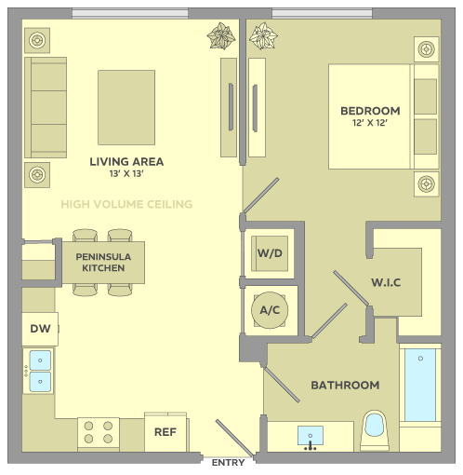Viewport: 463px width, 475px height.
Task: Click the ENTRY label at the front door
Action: click(228, 463)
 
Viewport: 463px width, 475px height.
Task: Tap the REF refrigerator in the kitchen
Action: click(165, 432)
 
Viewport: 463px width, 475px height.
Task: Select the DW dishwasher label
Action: click(40, 329)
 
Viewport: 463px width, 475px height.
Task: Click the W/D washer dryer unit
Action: click(270, 253)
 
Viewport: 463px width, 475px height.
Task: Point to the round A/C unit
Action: click(270, 310)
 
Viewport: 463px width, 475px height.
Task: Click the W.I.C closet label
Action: click(386, 282)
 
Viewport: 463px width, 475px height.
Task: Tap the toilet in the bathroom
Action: click(375, 430)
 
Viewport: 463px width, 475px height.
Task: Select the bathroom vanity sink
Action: click(311, 436)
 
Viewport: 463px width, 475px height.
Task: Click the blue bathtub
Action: click(420, 385)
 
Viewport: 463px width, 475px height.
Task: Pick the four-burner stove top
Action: click(99, 432)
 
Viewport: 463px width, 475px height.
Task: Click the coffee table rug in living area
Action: click(126, 107)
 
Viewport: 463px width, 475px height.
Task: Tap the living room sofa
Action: click(46, 107)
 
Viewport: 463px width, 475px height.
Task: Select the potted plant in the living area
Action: click(221, 36)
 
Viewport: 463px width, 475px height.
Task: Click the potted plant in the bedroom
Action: click(263, 36)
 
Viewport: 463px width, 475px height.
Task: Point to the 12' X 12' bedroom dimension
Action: click(370, 123)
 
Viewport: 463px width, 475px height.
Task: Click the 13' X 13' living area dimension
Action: click(126, 174)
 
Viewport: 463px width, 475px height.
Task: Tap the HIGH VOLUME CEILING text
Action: click(126, 204)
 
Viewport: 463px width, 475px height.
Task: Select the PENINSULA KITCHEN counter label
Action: click(103, 263)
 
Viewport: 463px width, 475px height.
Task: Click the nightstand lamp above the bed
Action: click(427, 49)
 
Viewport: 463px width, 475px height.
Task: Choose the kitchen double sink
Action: click(40, 371)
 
